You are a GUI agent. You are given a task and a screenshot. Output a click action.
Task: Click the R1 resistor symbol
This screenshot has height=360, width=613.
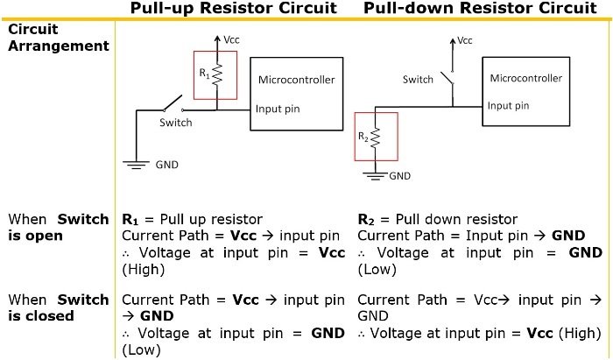pos(217,74)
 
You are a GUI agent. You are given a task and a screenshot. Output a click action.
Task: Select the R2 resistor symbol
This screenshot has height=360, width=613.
pos(375,138)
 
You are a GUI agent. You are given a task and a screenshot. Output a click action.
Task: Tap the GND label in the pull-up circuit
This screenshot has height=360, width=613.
pos(167,165)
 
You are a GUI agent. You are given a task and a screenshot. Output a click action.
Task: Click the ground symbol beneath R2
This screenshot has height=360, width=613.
pos(375,176)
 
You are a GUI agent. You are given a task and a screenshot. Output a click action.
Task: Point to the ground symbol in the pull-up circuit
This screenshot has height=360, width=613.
pos(136,165)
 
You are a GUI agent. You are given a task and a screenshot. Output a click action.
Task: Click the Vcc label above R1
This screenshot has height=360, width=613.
pos(231,39)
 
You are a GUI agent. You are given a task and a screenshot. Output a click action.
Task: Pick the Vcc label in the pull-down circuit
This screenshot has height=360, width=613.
pos(465,40)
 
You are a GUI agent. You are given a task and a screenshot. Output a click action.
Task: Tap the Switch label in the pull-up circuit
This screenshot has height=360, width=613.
pos(176,123)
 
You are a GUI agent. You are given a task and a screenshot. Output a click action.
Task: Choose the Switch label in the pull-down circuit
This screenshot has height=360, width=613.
pos(418,80)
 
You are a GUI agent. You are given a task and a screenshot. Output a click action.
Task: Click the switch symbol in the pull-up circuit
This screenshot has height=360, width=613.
pos(173,103)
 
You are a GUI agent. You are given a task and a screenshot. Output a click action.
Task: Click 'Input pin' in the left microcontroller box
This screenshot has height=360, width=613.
pos(278,109)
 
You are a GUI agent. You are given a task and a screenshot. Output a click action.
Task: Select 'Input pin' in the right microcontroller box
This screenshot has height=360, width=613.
pos(508,105)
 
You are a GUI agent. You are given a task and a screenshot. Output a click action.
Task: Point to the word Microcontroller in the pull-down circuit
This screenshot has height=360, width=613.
pos(525,78)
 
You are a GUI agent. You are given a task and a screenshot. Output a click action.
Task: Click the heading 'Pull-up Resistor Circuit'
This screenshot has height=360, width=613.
pos(234,8)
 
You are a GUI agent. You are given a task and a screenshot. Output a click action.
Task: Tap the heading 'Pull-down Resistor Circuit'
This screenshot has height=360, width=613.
pos(481,8)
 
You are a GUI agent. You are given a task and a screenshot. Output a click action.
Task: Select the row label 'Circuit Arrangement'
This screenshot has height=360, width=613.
pos(59,37)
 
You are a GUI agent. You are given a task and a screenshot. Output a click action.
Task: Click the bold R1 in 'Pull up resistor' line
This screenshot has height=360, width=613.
pos(130,220)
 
